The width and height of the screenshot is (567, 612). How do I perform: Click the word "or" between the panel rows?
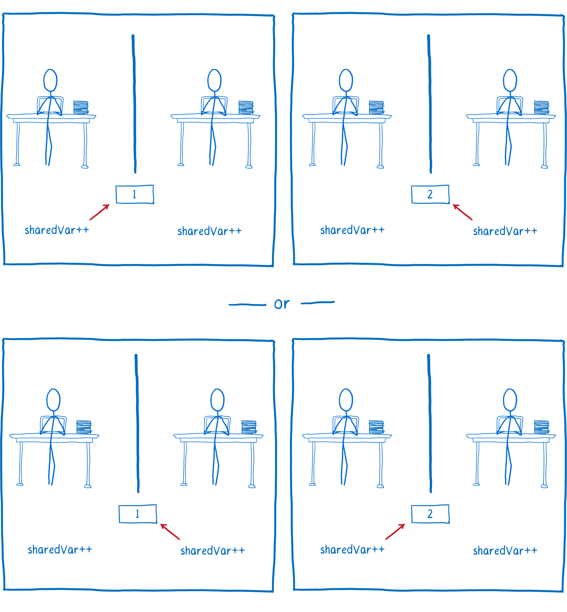pos(282,304)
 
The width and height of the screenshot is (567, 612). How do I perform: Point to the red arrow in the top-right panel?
pos(463,212)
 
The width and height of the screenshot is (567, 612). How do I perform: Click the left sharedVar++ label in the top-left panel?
pos(57,230)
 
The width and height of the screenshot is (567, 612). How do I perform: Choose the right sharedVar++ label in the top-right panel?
pos(505,231)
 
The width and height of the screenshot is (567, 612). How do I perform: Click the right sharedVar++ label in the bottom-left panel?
pos(213,551)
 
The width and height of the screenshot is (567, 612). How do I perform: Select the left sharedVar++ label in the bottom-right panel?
pos(352,550)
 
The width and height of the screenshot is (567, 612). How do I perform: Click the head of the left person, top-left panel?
pos(50,80)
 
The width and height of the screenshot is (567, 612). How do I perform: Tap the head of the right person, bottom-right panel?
pos(510,400)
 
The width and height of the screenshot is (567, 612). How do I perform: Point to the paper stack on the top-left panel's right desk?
pos(246,108)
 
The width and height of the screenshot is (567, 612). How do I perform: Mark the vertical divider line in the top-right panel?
pos(429,104)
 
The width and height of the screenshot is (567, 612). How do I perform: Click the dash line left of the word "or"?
pos(247,304)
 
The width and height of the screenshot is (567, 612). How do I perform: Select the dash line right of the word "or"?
pos(318,303)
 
